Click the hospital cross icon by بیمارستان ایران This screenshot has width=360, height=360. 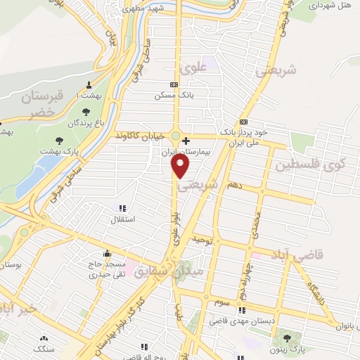click(x=186, y=141)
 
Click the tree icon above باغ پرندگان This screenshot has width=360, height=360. click(x=86, y=112)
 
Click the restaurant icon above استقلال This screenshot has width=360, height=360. click(x=122, y=208)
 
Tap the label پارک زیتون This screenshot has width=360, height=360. click(x=288, y=349)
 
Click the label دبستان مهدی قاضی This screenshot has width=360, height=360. click(x=243, y=320)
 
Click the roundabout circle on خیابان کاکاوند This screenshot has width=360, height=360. click(x=175, y=135)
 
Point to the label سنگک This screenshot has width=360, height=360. click(x=44, y=347)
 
